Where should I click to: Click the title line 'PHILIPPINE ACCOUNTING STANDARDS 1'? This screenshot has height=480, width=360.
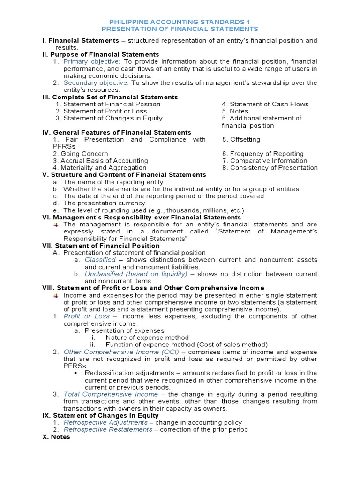[x=180, y=22]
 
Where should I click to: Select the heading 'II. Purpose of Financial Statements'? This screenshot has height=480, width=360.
[x=100, y=55]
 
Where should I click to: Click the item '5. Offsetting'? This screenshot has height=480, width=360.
[x=241, y=140]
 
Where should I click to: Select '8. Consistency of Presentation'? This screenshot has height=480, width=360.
[x=270, y=168]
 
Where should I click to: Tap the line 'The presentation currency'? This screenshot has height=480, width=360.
[x=104, y=203]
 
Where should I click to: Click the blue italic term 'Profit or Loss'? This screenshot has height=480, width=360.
[x=87, y=316]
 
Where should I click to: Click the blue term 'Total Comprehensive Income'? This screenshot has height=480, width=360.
[x=111, y=394]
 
